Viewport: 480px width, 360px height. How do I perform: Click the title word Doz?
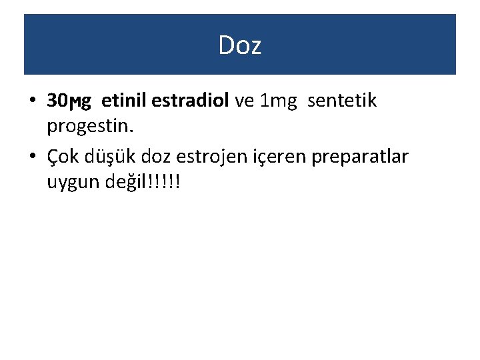pos(240,45)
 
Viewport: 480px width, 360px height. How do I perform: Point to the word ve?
pos(245,101)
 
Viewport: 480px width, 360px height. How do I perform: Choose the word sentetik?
pos(342,101)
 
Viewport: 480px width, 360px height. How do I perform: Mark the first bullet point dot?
pos(33,102)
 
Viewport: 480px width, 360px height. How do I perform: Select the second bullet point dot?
pos(33,157)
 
